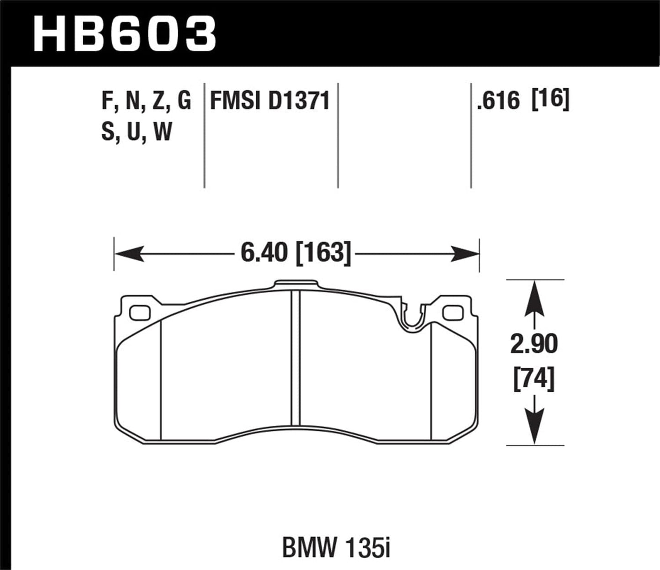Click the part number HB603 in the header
tap(124, 34)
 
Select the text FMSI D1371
tap(269, 101)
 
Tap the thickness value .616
tap(498, 101)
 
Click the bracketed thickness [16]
tap(551, 100)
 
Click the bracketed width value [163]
tap(324, 253)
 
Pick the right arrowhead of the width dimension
tap(465, 253)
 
